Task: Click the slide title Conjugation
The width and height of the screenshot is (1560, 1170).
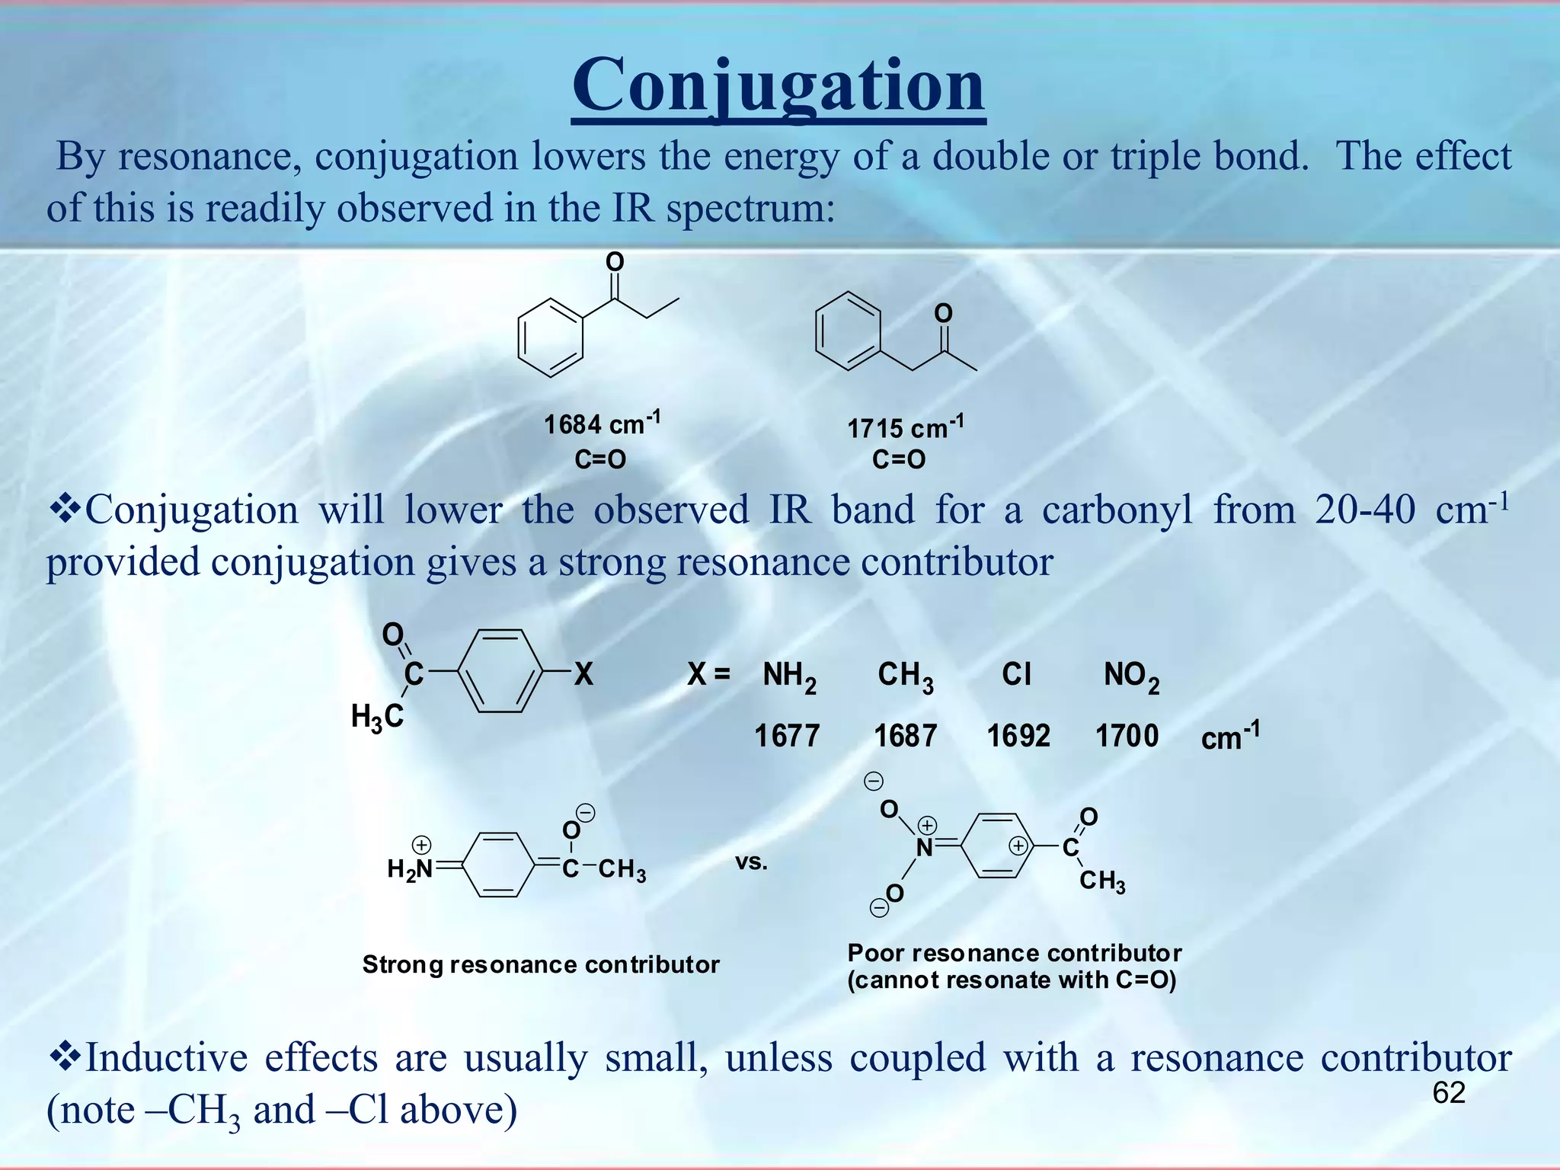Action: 778,86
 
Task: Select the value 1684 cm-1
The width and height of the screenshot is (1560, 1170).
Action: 601,424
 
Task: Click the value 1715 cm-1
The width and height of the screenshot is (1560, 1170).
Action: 905,427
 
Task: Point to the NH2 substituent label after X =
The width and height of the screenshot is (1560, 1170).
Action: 789,676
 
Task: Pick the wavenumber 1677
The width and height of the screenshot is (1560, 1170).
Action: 787,736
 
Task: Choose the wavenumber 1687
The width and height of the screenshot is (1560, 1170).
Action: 905,736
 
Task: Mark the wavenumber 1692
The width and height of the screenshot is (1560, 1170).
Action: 1018,736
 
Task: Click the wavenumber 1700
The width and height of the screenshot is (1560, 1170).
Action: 1127,736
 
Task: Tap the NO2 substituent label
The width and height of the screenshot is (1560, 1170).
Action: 1131,676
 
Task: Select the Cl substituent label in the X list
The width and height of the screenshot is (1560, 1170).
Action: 1016,674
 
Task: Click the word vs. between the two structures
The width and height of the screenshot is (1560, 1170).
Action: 751,862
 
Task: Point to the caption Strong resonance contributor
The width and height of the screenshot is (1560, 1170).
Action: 541,964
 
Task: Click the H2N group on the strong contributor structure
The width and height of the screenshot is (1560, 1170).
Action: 410,868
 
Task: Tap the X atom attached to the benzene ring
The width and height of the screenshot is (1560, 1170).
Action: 583,674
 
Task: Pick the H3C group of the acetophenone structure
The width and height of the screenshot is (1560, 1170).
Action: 377,717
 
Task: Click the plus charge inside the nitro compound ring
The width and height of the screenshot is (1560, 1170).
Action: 1018,846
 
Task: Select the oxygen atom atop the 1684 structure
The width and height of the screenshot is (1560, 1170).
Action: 615,262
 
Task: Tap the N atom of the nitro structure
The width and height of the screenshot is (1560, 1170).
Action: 924,848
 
